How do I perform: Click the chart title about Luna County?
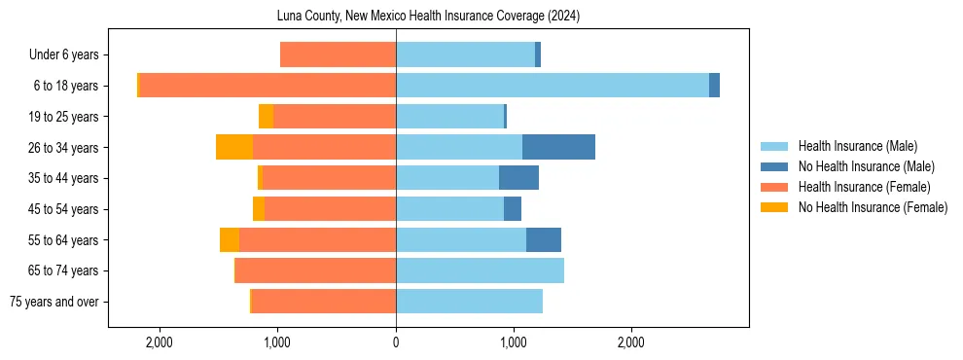tap(428, 16)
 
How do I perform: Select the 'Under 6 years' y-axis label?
tap(63, 54)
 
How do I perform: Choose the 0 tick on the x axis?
tap(396, 342)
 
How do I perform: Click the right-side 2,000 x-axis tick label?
tap(630, 342)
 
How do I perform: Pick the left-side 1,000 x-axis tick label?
tap(277, 342)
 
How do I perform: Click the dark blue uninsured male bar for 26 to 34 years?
tap(558, 147)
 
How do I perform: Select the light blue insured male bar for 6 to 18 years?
tap(552, 86)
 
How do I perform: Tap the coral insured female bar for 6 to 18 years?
tap(267, 86)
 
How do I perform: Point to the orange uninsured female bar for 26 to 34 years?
tap(234, 147)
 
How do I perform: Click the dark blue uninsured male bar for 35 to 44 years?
tap(518, 178)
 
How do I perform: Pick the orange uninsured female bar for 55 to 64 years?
tap(230, 239)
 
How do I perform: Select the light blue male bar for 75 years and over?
tap(469, 302)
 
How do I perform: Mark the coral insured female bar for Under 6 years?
tap(338, 54)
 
